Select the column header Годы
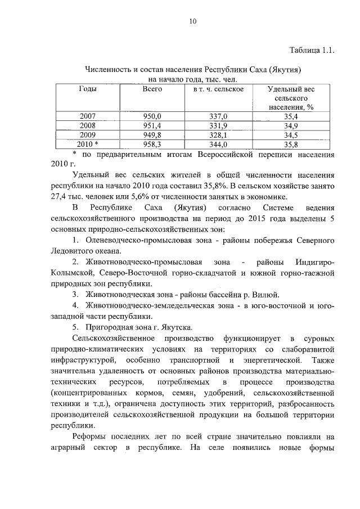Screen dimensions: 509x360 click(x=87, y=89)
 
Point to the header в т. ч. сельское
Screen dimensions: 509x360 click(x=218, y=89)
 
